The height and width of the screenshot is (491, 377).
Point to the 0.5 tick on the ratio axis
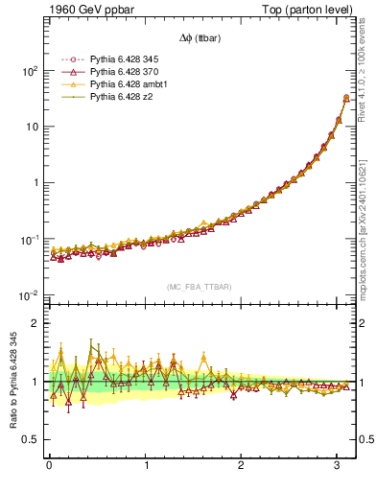30,439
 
